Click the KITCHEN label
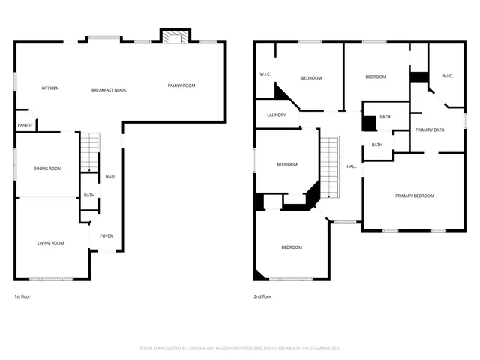click(50, 88)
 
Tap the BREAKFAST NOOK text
click(109, 89)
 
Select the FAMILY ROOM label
click(181, 85)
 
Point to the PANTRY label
click(25, 124)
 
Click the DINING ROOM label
click(47, 169)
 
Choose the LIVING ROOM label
click(51, 242)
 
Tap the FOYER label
click(106, 235)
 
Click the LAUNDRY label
click(276, 115)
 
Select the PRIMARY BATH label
click(430, 130)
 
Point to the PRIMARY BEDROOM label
click(415, 196)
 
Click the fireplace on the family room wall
click(175, 37)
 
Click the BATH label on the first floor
click(89, 195)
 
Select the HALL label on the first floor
click(110, 177)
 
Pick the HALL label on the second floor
click(351, 166)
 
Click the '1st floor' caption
click(22, 296)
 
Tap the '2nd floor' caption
click(262, 296)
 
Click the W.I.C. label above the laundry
click(265, 74)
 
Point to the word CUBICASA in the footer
click(214, 348)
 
